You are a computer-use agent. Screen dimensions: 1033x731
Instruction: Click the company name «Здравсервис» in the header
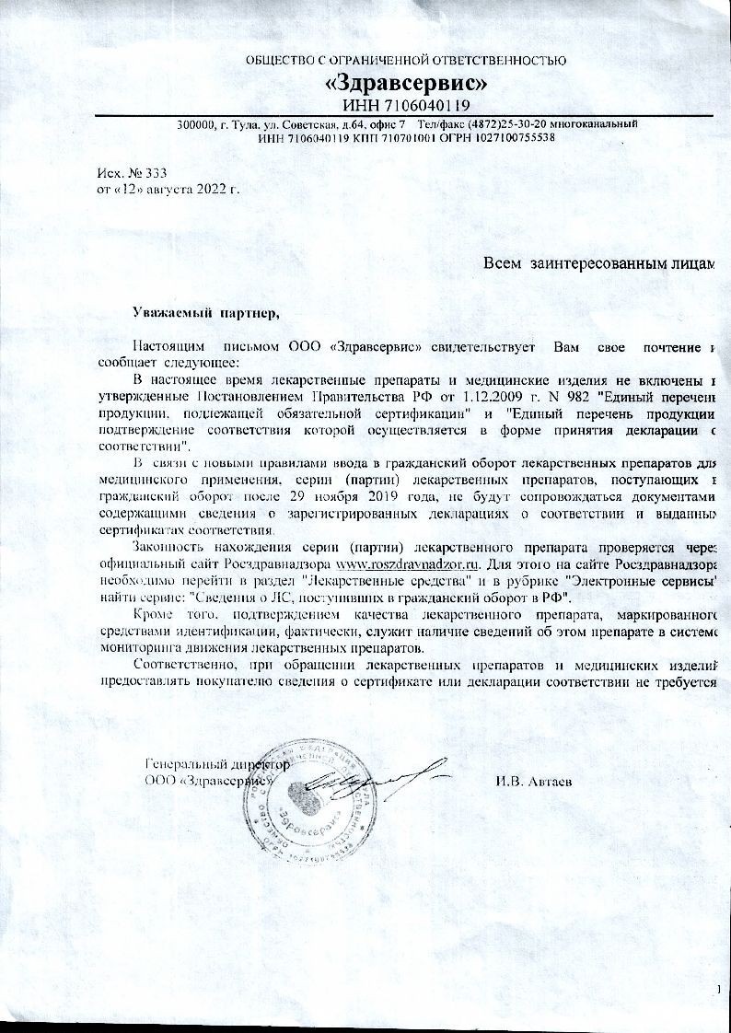406,83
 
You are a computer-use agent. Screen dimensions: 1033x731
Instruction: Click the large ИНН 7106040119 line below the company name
406,105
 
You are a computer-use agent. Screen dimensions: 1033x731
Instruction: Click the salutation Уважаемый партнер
204,313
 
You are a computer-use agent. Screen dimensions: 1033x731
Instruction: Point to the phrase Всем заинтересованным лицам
599,263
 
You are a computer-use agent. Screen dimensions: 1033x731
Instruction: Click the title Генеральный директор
217,764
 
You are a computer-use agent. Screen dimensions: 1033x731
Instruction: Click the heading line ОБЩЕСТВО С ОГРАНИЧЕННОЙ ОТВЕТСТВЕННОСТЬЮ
406,60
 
